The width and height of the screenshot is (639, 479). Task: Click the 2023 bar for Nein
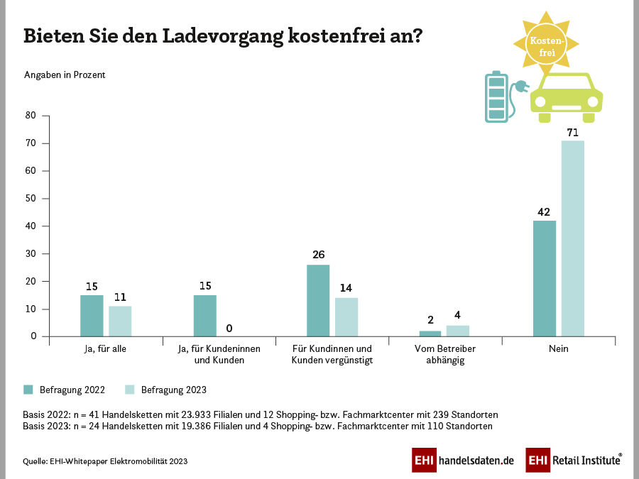[572, 238]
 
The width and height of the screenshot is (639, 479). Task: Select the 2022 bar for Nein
[544, 278]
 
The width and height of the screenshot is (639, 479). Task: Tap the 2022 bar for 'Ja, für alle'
[92, 316]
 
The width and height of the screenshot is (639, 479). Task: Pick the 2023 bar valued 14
[346, 317]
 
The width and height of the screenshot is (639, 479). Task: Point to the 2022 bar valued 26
[318, 300]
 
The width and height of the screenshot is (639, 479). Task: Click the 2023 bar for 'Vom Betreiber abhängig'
[458, 331]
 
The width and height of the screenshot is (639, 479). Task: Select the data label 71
[573, 132]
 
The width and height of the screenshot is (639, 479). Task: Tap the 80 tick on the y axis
[31, 116]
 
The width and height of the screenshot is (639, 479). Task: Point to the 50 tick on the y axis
[31, 199]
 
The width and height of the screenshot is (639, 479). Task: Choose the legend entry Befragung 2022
[65, 390]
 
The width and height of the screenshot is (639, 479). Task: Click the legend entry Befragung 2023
[166, 390]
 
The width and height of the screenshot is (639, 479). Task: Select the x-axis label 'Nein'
[559, 349]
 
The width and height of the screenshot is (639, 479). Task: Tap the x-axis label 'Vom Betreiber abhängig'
[445, 355]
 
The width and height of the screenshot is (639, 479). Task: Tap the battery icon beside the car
[496, 97]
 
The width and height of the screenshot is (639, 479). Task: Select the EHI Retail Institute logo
[574, 460]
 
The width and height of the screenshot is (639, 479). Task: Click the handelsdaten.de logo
[463, 460]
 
